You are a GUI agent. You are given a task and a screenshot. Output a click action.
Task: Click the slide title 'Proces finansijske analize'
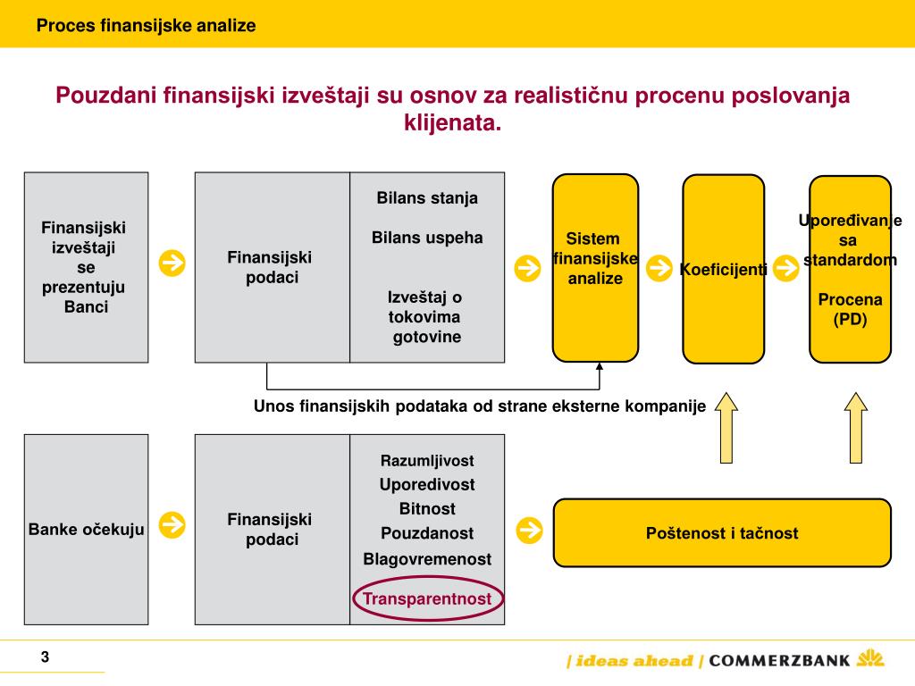click(x=146, y=26)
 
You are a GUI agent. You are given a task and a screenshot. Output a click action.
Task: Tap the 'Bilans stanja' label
click(x=427, y=198)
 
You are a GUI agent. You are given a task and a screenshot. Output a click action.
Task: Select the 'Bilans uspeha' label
click(x=427, y=238)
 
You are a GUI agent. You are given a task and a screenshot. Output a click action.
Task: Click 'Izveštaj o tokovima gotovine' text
click(x=424, y=316)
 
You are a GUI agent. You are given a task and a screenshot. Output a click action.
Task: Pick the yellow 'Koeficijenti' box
click(x=723, y=269)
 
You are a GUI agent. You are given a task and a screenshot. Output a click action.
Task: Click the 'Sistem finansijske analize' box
click(x=595, y=267)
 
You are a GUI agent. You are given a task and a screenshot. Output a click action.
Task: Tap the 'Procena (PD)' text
click(x=850, y=309)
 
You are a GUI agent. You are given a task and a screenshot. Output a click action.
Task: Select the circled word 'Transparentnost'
click(x=427, y=598)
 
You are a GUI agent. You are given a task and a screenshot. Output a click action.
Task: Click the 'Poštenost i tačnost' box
click(x=722, y=533)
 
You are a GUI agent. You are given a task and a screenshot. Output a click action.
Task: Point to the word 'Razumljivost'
click(x=427, y=461)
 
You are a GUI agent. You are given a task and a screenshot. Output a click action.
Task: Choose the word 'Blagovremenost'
click(x=427, y=559)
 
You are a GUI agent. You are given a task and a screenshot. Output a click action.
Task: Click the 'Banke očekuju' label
click(x=87, y=529)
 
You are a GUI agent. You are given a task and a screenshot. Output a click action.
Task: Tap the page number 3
click(x=45, y=658)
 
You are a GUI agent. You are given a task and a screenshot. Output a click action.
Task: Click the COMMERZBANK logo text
click(x=779, y=661)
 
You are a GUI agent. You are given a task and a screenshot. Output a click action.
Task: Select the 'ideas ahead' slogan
click(x=634, y=661)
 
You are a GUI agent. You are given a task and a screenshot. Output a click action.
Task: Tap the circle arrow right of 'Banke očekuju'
click(x=172, y=525)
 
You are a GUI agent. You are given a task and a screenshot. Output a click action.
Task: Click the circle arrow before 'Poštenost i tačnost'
click(x=530, y=530)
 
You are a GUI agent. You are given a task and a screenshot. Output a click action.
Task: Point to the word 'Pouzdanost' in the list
click(x=427, y=533)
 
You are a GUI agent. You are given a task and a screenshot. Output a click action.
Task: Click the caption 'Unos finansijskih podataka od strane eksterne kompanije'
click(x=480, y=406)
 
